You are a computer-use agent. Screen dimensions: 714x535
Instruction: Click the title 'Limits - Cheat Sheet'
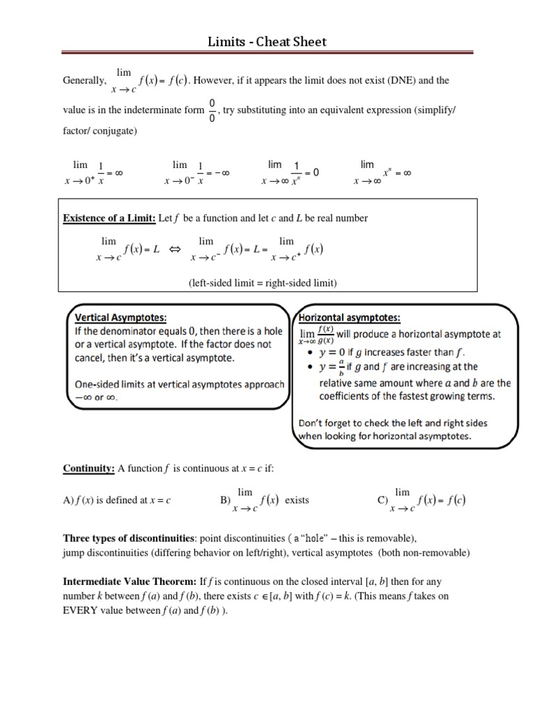(267, 42)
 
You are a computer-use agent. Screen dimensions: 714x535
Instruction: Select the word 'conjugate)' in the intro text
(115, 130)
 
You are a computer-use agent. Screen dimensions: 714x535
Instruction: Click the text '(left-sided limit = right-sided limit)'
(263, 282)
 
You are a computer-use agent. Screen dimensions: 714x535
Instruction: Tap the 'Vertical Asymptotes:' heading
(121, 318)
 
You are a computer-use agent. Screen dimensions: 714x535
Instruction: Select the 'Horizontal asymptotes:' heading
(349, 318)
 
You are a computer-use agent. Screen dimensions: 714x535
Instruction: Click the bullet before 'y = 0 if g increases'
(309, 351)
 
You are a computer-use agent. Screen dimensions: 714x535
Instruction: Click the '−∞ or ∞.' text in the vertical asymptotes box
(96, 397)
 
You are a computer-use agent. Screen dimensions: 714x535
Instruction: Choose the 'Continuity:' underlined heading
(89, 469)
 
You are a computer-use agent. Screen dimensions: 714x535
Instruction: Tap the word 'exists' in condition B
(297, 500)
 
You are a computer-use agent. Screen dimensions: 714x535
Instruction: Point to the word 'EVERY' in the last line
(80, 611)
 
